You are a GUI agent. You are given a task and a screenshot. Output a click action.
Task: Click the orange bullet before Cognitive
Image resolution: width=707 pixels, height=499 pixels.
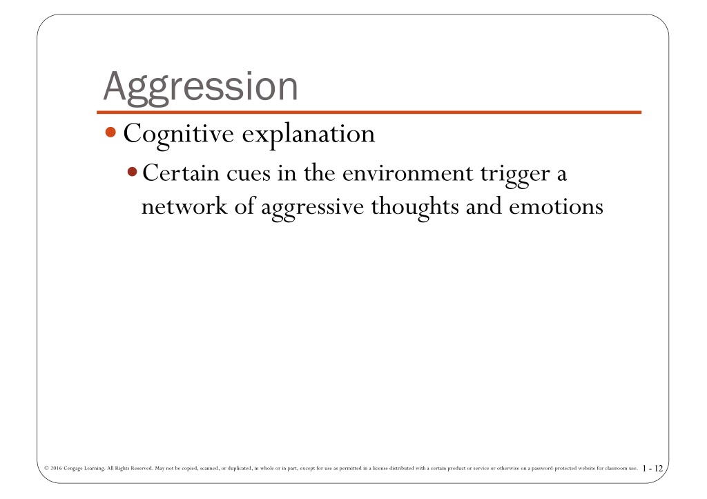tap(110, 132)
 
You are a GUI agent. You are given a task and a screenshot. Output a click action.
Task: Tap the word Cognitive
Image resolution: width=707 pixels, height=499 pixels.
tap(179, 135)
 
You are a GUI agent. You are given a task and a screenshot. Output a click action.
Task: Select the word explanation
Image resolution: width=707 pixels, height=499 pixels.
tap(309, 135)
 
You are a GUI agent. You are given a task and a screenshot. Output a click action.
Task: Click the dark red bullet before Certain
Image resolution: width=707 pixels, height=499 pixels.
tap(132, 172)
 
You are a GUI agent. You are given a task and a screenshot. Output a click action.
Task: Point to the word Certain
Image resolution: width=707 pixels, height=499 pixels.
tap(181, 173)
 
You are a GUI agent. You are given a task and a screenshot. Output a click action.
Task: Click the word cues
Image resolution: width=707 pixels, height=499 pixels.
tap(249, 175)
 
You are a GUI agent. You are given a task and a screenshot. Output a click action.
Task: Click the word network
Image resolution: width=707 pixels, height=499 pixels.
tap(184, 207)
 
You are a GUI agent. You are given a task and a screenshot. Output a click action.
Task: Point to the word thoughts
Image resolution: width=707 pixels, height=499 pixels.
tap(415, 208)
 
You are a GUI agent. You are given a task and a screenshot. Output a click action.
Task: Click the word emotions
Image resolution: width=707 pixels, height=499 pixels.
tap(556, 207)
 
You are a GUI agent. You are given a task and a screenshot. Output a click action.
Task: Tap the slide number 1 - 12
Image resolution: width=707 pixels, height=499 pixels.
tap(653, 469)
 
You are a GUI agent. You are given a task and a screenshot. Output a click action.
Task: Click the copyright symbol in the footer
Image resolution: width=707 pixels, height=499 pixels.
tap(46, 468)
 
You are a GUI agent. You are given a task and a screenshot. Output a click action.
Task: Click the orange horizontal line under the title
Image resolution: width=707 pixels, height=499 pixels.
tap(369, 112)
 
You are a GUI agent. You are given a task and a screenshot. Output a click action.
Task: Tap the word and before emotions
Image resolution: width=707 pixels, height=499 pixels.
tap(483, 207)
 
